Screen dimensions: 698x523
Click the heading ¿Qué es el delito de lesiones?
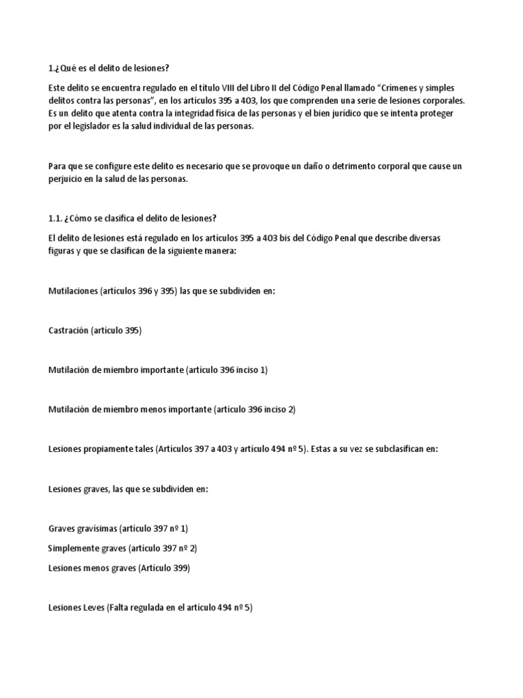(x=112, y=68)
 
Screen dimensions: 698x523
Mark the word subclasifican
(x=390, y=449)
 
